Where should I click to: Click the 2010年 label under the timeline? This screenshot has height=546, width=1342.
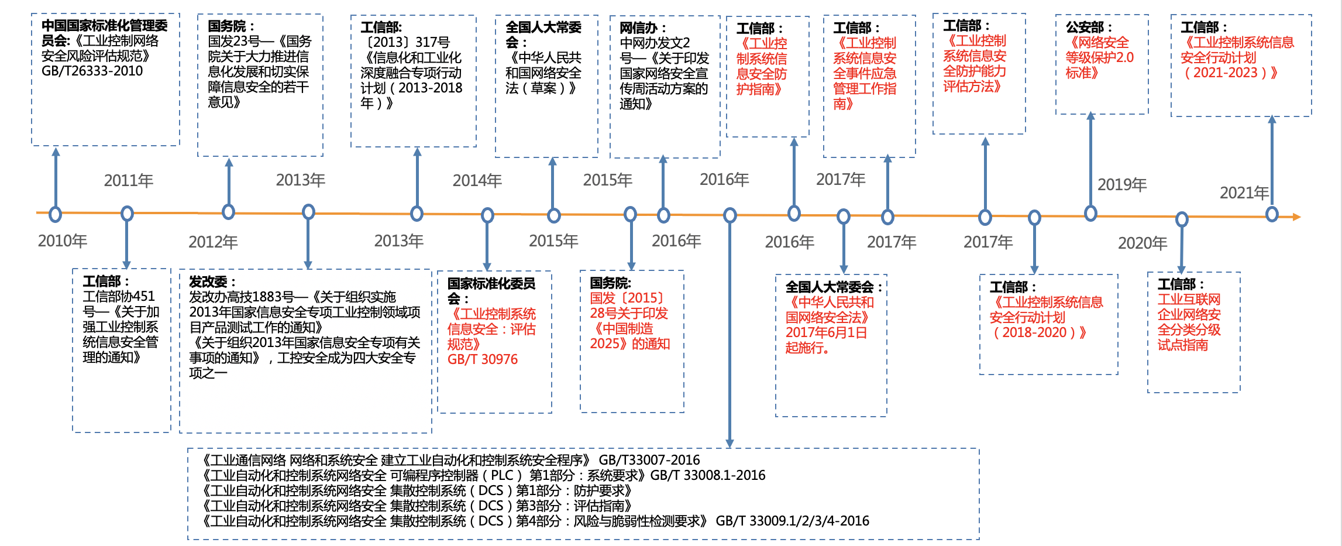[63, 241]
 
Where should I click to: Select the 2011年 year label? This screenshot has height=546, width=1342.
[129, 180]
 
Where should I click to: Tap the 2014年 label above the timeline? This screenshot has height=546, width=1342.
[477, 180]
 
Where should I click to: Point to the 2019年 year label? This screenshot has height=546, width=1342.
[1122, 184]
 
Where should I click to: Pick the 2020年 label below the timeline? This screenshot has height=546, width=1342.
[1143, 243]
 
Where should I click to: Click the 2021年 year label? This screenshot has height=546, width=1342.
[1244, 193]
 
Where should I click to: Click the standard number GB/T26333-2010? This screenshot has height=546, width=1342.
[92, 71]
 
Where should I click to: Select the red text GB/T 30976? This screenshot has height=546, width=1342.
[483, 359]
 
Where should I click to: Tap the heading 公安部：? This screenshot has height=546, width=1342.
[1089, 27]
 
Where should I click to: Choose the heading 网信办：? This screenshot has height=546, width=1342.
[643, 28]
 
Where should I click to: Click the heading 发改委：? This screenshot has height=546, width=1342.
[212, 281]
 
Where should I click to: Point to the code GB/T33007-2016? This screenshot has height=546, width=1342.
[649, 460]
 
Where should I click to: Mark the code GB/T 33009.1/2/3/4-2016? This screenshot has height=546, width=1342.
[793, 521]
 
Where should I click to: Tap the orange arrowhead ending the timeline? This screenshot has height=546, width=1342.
[1296, 217]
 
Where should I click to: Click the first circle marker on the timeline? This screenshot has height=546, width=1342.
[56, 214]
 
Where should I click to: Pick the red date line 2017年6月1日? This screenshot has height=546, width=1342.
[826, 332]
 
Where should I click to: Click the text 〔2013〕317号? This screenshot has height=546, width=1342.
[405, 42]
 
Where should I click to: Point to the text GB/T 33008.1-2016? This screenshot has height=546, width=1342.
[708, 475]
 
